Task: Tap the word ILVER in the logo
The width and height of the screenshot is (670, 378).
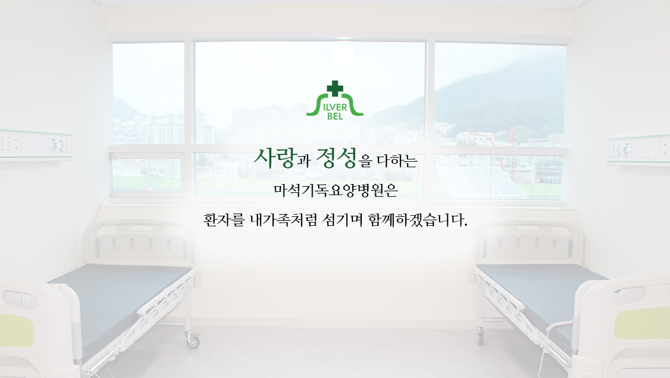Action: pyautogui.click(x=334, y=108)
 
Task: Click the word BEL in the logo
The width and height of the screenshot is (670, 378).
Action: pyautogui.click(x=335, y=116)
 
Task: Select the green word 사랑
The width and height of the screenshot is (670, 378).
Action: pyautogui.click(x=274, y=158)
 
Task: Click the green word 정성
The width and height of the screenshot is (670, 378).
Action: pyautogui.click(x=337, y=158)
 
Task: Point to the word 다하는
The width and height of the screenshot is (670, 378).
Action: pyautogui.click(x=397, y=161)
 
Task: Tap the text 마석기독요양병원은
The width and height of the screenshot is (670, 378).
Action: pyautogui.click(x=336, y=191)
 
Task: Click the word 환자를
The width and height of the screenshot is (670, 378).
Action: pyautogui.click(x=223, y=220)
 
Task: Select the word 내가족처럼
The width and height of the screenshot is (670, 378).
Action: pyautogui.click(x=283, y=220)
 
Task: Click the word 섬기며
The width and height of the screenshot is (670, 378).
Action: pyautogui.click(x=342, y=220)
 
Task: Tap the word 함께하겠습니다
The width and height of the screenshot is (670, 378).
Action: pyautogui.click(x=418, y=220)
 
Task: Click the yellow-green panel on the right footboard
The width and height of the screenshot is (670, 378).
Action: pyautogui.click(x=642, y=324)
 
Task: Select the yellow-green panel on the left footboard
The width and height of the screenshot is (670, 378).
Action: pyautogui.click(x=16, y=330)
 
